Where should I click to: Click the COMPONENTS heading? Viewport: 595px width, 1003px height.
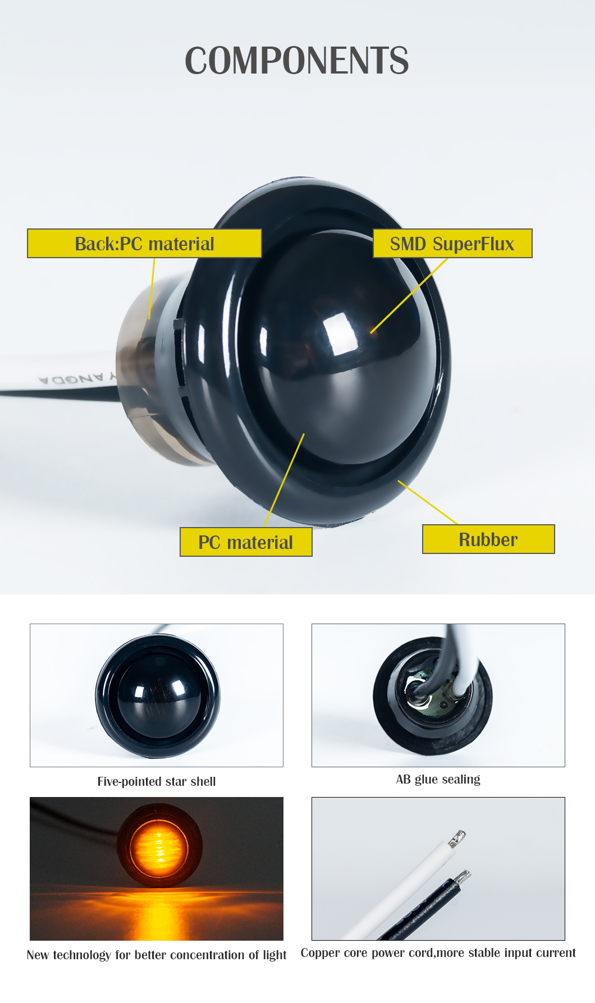297,61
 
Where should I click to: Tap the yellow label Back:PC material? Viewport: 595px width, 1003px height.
144,243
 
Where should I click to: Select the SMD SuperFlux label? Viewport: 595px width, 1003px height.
452,243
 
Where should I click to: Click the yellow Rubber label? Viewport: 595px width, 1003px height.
488,539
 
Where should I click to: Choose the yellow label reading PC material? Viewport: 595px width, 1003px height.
246,542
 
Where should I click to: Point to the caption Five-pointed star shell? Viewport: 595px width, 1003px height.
157,781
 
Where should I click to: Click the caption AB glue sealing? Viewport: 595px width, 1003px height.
438,779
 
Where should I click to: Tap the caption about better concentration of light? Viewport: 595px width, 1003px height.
157,955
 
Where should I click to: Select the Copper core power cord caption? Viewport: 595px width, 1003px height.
438,952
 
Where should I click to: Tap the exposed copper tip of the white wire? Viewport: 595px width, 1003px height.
457,838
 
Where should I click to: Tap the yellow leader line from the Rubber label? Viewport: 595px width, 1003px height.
428,502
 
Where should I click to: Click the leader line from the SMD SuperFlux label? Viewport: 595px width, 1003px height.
410,295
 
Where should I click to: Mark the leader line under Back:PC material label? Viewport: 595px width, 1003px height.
152,288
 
